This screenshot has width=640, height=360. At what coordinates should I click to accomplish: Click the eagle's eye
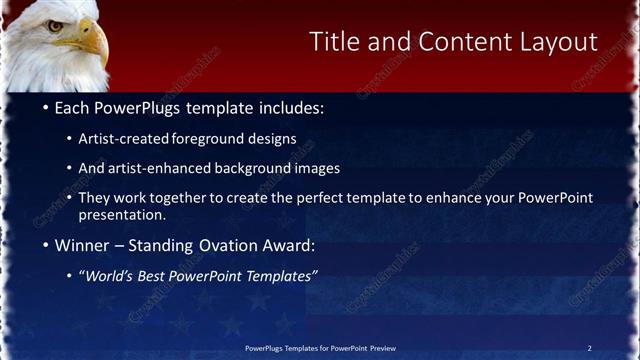click(56, 26)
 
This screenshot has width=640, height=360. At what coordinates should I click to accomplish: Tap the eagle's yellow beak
click(92, 43)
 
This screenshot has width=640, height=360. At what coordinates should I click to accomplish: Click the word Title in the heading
click(333, 41)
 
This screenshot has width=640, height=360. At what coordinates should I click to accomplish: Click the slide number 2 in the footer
click(589, 348)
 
